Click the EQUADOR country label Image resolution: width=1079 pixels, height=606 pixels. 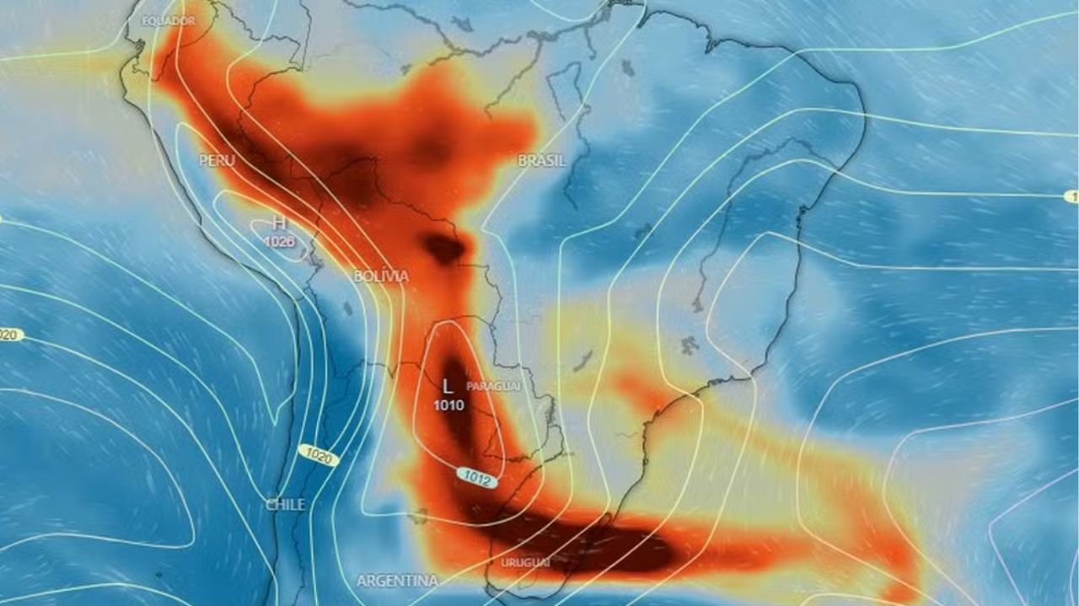click(169, 20)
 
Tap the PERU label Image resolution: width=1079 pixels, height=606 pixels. click(217, 160)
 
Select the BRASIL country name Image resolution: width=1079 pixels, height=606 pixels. click(541, 160)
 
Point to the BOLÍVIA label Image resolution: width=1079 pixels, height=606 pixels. click(381, 276)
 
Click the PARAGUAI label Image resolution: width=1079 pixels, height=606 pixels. click(493, 384)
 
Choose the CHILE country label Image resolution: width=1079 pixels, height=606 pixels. click(285, 504)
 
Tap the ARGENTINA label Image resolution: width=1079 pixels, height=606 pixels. click(397, 581)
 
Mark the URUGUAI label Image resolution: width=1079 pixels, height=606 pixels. click(525, 561)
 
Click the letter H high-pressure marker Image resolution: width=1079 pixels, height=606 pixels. click(278, 224)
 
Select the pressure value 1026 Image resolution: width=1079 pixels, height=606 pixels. click(278, 242)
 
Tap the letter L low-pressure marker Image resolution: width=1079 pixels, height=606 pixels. click(448, 387)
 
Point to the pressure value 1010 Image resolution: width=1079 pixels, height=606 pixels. click(448, 405)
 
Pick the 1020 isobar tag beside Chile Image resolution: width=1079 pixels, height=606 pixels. click(319, 456)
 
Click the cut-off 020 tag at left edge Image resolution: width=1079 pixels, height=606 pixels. click(8, 335)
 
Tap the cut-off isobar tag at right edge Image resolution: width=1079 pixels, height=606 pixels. click(1071, 196)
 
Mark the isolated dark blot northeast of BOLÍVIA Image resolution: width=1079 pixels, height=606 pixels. click(443, 248)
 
